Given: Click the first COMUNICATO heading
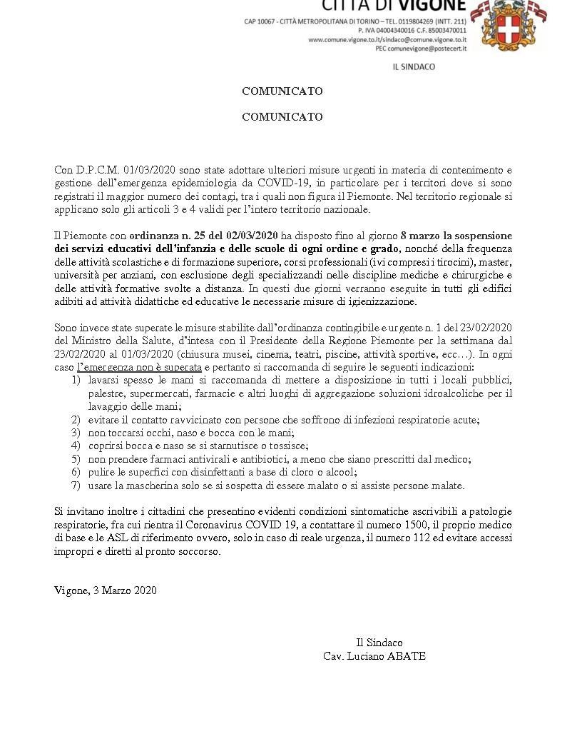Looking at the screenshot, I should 282,91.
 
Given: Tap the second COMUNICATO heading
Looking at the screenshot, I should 282,117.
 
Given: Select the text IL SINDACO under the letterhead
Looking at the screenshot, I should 414,67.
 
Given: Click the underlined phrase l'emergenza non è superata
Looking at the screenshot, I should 139,366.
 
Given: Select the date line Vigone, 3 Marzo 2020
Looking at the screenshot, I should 106,590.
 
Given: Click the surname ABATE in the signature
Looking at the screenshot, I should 406,655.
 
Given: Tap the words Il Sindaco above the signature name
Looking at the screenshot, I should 379,642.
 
